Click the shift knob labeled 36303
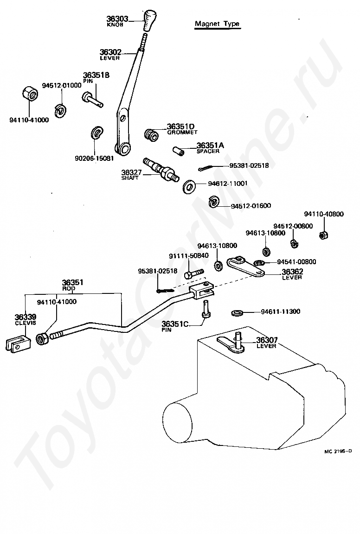click(x=149, y=20)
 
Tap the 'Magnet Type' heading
click(x=217, y=24)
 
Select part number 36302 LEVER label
click(x=110, y=55)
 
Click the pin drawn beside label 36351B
click(x=92, y=99)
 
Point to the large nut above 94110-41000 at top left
click(x=30, y=93)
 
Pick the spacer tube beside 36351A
click(x=179, y=150)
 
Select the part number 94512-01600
click(x=251, y=206)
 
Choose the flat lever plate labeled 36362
click(x=245, y=267)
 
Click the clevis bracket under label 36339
click(x=18, y=343)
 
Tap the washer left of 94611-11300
click(x=236, y=312)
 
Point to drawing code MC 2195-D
click(x=338, y=451)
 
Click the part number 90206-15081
click(x=94, y=159)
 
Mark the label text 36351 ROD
click(x=73, y=285)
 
